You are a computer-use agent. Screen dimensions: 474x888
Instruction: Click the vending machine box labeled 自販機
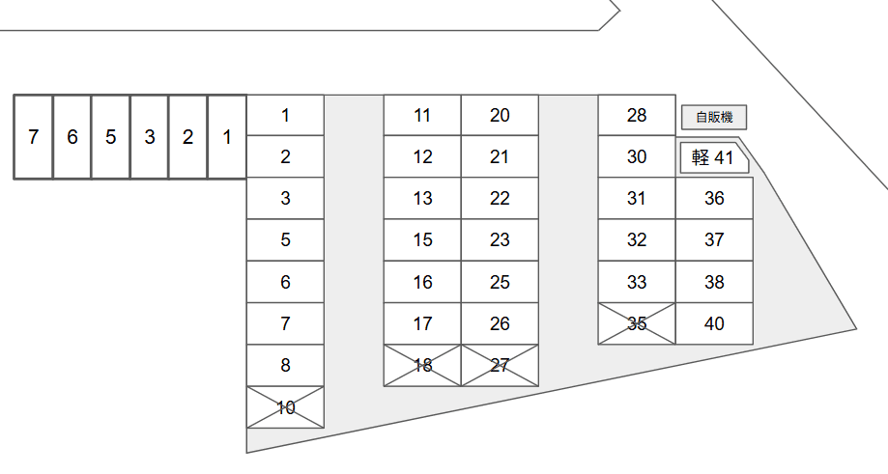(x=714, y=118)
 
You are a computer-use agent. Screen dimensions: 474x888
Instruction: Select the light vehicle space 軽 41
(x=714, y=157)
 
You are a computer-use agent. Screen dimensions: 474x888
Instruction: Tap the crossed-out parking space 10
(x=285, y=407)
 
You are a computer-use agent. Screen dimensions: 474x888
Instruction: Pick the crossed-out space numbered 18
(x=422, y=365)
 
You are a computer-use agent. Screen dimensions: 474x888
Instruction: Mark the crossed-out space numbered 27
(x=500, y=365)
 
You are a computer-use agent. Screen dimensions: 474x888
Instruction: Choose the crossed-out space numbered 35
(x=637, y=323)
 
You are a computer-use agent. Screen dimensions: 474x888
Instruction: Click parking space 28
(x=637, y=116)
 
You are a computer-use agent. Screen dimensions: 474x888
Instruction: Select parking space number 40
(x=714, y=323)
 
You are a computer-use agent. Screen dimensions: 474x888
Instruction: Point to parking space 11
(x=422, y=116)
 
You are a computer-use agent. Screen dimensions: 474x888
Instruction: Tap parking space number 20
(x=500, y=116)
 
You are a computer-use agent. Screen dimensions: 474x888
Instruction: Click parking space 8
(x=285, y=365)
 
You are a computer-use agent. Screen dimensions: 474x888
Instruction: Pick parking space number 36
(x=714, y=199)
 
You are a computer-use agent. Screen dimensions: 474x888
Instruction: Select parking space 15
(x=422, y=240)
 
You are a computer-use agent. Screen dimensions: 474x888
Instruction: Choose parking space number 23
(x=500, y=240)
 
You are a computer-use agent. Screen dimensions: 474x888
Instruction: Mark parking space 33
(x=637, y=282)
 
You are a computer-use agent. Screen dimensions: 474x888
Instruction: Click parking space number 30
(x=637, y=157)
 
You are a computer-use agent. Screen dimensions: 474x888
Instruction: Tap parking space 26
(x=500, y=323)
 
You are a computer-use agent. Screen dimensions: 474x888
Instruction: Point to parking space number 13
(x=422, y=199)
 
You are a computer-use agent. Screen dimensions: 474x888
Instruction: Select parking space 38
(x=714, y=282)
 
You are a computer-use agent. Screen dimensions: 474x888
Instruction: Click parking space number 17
(x=422, y=323)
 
